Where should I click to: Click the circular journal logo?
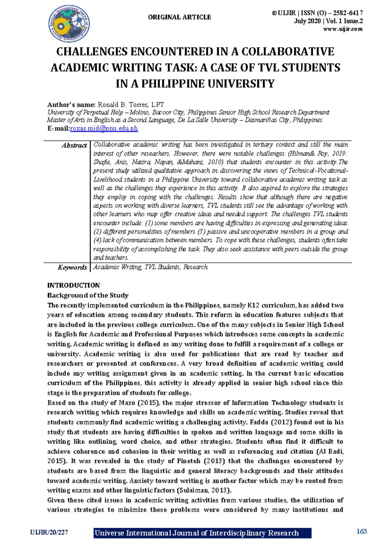click(69, 24)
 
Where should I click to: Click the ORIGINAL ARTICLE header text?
click(180, 17)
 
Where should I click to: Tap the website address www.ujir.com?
click(343, 29)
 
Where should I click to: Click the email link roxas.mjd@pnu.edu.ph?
click(104, 128)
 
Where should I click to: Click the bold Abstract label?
click(74, 145)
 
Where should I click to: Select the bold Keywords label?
click(72, 267)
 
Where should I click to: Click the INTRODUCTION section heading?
click(74, 285)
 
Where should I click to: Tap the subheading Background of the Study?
click(88, 295)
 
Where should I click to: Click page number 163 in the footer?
click(362, 531)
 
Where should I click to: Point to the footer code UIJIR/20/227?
click(49, 532)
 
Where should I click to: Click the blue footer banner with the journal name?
click(202, 533)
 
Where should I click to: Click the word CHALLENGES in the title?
click(92, 52)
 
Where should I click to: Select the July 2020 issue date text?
click(307, 21)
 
